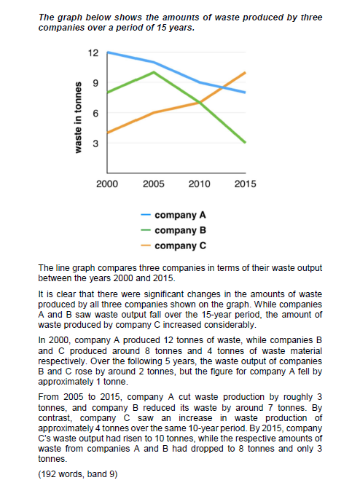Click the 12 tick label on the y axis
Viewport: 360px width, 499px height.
coord(93,53)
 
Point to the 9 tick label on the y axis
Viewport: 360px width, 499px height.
coord(95,83)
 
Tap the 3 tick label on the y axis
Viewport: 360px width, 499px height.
coord(95,144)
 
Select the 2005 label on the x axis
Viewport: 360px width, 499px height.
coord(154,184)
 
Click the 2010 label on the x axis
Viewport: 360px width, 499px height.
coord(199,184)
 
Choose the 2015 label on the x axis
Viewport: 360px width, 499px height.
coord(245,184)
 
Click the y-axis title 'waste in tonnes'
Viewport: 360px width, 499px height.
coord(78,117)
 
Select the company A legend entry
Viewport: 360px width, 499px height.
coord(173,215)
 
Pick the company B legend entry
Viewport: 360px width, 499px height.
coord(173,230)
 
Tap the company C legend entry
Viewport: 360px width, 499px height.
coord(173,245)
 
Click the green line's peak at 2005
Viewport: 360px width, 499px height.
coord(154,72)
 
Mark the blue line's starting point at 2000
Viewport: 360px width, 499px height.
coord(107,52)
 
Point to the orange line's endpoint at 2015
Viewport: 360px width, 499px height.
coord(246,72)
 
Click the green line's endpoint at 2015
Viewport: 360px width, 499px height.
coord(246,143)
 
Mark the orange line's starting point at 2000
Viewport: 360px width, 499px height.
coord(107,133)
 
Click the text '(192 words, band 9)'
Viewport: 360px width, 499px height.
coord(78,474)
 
